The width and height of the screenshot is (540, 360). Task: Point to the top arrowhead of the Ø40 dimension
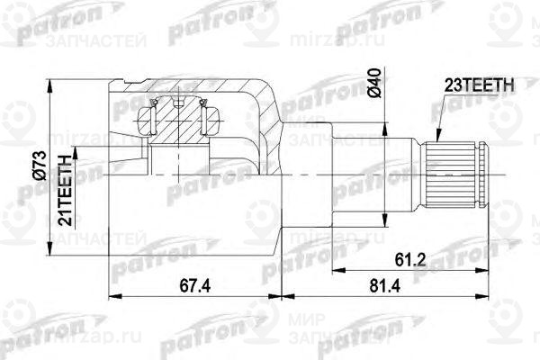[386, 127]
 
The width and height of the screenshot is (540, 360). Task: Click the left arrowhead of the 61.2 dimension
[335, 269]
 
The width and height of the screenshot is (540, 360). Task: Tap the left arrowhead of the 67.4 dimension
[112, 294]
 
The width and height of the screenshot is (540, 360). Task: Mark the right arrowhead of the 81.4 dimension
[486, 294]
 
